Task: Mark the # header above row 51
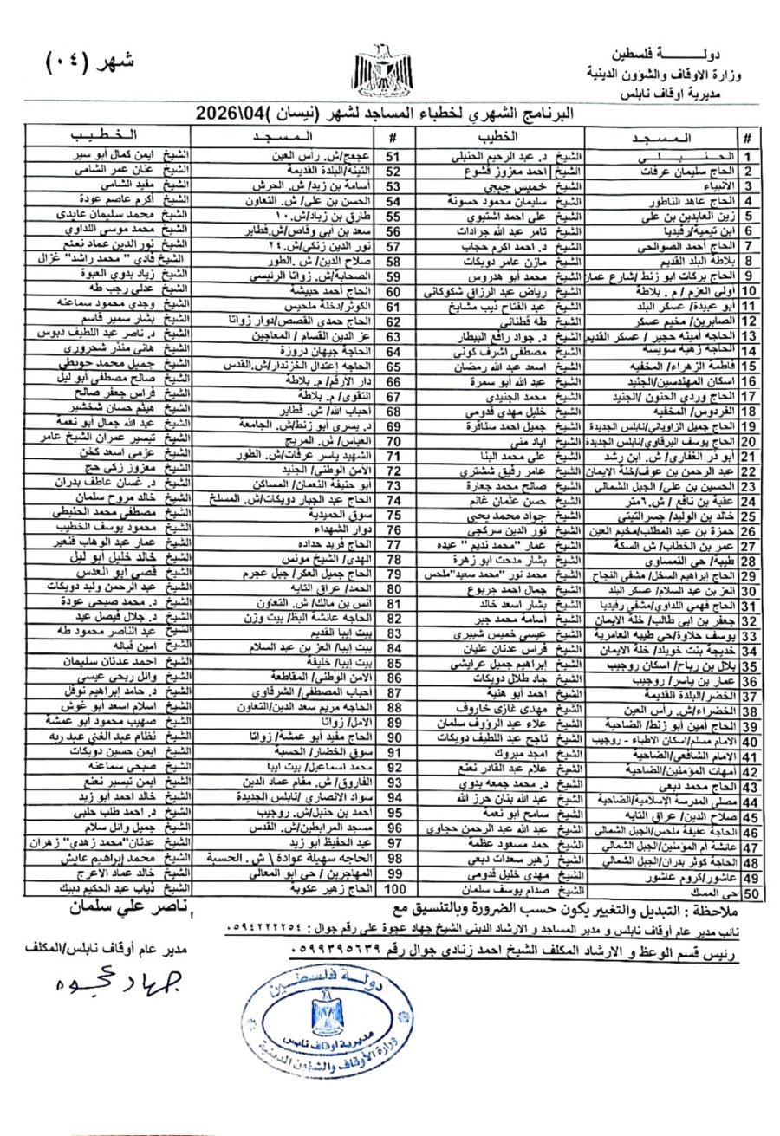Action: click(393, 138)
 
